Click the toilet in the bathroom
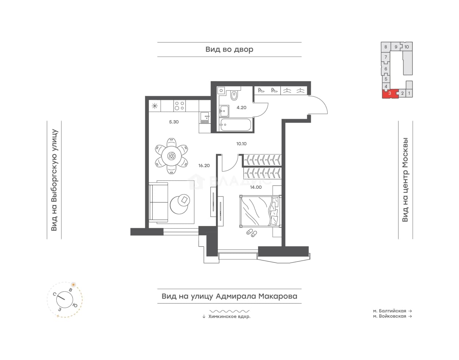pos(234,95)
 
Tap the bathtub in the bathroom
pos(235,125)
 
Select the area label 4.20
pos(242,108)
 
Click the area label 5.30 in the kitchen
pos(174,122)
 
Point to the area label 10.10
pos(242,144)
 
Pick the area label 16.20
pos(204,166)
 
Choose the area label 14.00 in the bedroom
pos(256,187)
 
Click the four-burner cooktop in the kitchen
pos(180,106)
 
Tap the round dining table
pos(171,156)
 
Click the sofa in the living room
pos(158,202)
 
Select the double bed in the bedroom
pos(261,211)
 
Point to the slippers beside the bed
pos(251,233)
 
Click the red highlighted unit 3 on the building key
pos(390,94)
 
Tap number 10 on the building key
pos(407,47)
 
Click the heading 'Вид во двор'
pos(229,49)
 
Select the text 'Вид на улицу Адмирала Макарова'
pos(229,296)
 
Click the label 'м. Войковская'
pos(389,316)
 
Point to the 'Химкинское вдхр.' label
pos(229,317)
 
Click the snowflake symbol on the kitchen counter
pos(155,106)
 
